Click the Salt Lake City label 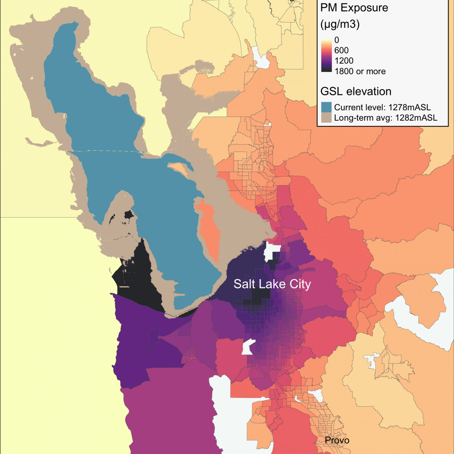272,284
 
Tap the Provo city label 337,440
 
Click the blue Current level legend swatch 326,107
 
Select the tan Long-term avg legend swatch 326,117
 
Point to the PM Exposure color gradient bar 327,55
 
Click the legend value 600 341,50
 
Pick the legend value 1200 344,61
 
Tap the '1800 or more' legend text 360,71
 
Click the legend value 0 337,40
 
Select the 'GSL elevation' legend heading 356,91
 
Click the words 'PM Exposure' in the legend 354,8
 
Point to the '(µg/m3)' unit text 340,24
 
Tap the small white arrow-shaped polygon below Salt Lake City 248,347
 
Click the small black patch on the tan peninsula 129,215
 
